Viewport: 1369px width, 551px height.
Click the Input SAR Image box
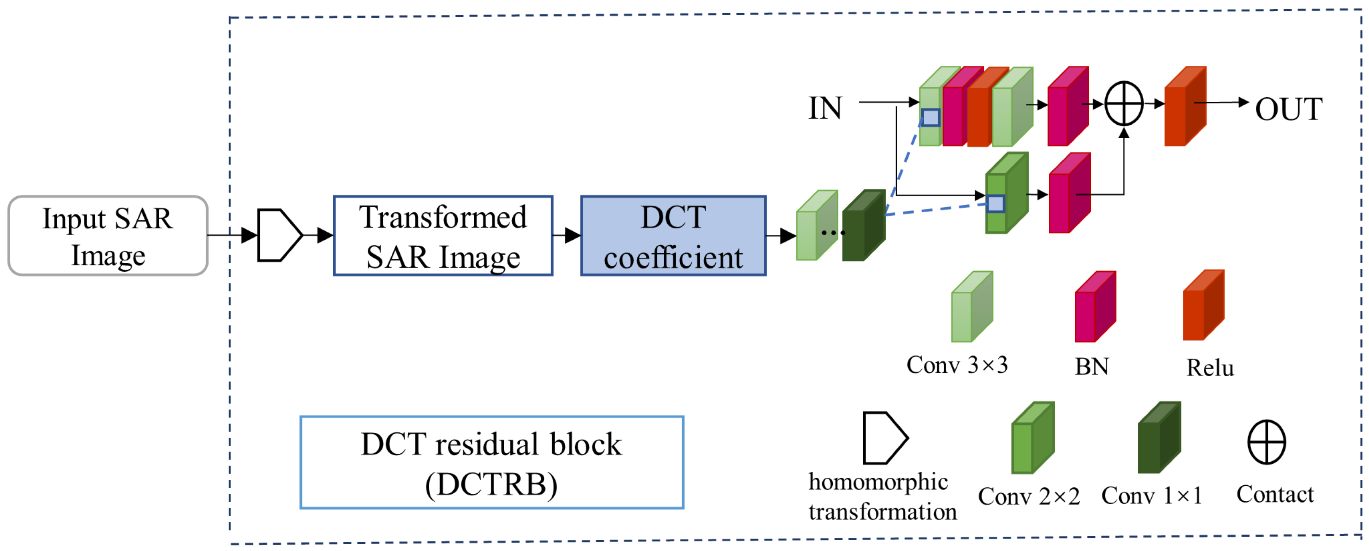tap(108, 235)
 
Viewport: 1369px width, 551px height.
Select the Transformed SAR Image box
tap(443, 236)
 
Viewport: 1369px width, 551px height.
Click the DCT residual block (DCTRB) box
tap(491, 462)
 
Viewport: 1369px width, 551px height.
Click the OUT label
tap(1288, 110)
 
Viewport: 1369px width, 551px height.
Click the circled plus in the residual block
tap(1123, 104)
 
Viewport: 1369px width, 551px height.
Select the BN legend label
tap(1091, 366)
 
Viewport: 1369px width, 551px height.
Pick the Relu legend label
tap(1210, 368)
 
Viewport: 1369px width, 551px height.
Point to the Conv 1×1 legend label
tap(1151, 496)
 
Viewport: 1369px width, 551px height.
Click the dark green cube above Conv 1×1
tap(1158, 439)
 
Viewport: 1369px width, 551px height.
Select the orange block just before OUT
tap(1184, 106)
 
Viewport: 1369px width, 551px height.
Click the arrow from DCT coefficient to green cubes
tap(781, 235)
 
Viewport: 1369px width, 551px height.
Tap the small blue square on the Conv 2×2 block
tap(995, 203)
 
